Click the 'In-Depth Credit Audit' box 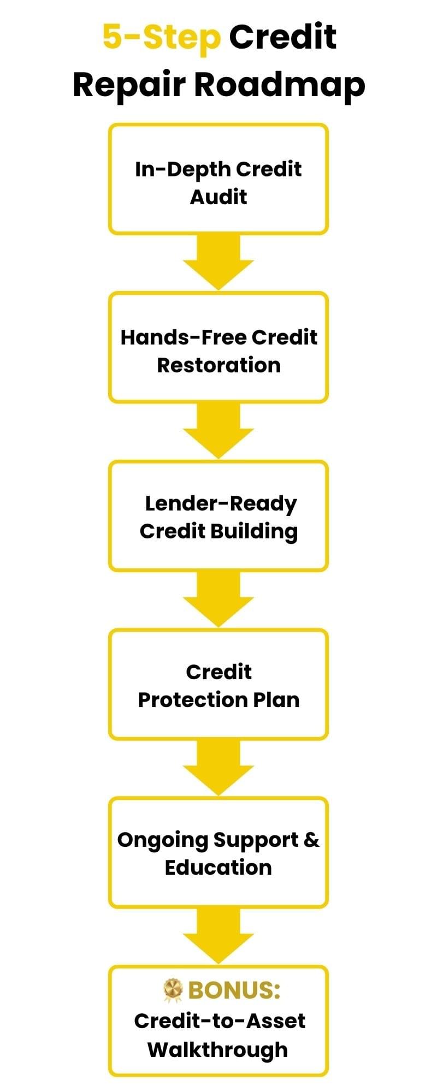click(x=218, y=179)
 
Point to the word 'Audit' click(x=218, y=197)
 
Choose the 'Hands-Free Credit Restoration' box click(x=218, y=347)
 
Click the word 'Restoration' click(x=218, y=365)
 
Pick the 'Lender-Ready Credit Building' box click(x=218, y=515)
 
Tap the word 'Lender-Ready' click(x=221, y=504)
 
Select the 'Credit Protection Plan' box click(x=218, y=684)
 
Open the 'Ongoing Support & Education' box click(x=218, y=852)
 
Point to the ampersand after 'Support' click(x=311, y=840)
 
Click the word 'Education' click(x=218, y=867)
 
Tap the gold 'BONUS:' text click(x=234, y=990)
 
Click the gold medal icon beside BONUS click(x=173, y=990)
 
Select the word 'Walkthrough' click(x=217, y=1049)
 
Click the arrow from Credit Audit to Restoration click(x=218, y=262)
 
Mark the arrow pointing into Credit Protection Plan click(x=218, y=598)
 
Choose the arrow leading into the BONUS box click(x=218, y=936)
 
